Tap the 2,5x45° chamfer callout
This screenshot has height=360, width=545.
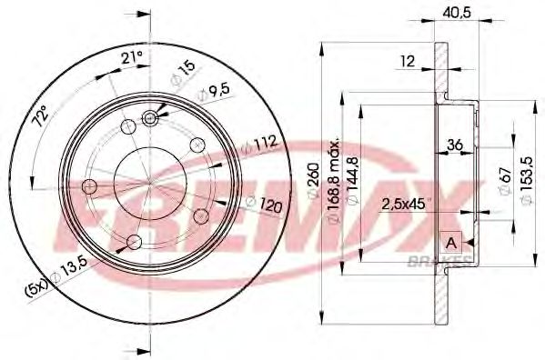coord(403,203)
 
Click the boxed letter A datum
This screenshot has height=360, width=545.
coord(451,241)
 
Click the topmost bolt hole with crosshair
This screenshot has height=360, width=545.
coord(151,117)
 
